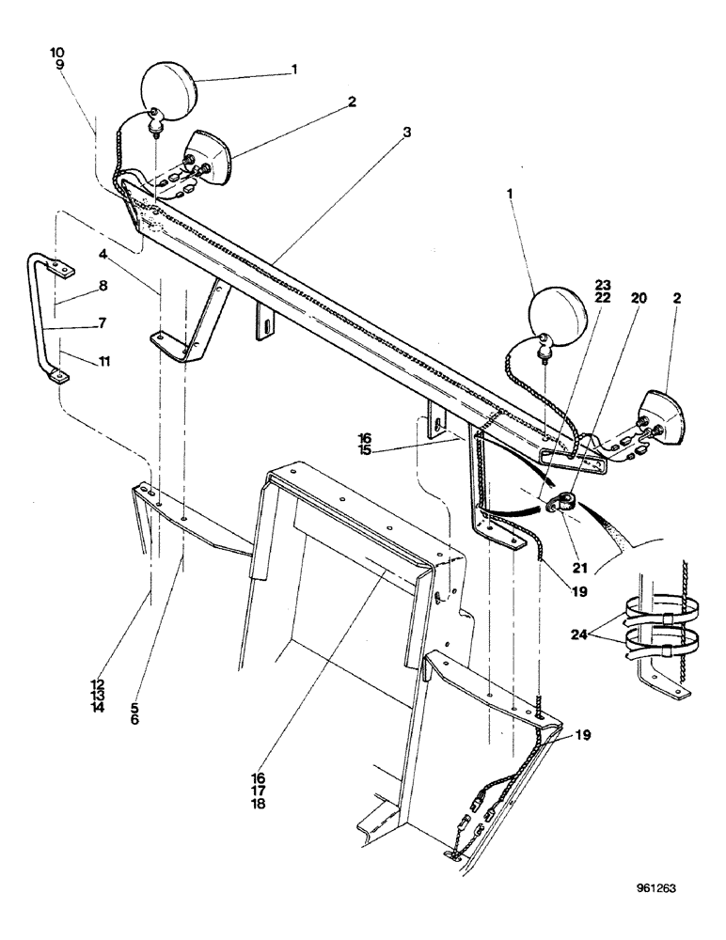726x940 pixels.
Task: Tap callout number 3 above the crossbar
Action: [x=406, y=133]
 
